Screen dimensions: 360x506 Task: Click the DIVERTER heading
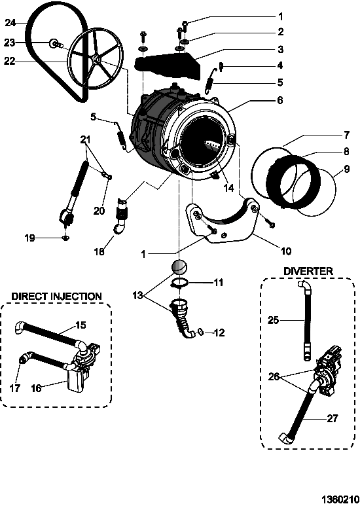(308, 271)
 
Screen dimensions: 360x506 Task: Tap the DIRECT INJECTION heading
(56, 297)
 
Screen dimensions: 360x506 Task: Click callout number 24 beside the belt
(10, 23)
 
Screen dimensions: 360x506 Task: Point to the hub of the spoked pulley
(96, 59)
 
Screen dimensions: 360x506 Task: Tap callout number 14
(228, 188)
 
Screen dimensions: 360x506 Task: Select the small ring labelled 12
(200, 331)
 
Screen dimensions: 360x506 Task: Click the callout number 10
(286, 251)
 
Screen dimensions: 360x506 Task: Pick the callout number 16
(36, 388)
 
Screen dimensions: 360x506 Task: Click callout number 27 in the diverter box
(333, 419)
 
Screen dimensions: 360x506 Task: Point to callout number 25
(274, 321)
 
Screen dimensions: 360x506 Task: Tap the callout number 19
(30, 238)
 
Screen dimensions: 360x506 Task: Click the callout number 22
(9, 61)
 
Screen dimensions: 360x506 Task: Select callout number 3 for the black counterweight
(280, 49)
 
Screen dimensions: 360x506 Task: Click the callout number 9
(347, 169)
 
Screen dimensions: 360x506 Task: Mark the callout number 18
(99, 251)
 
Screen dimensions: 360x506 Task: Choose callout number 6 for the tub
(279, 100)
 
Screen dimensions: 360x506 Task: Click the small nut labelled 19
(66, 238)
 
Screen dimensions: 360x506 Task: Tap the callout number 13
(137, 295)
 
